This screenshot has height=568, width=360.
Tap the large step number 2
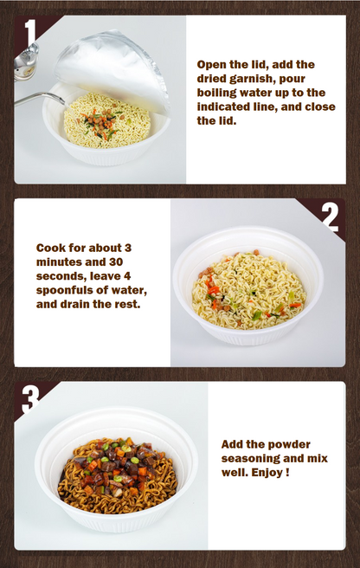coord(330,217)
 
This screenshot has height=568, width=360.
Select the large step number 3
coord(30,399)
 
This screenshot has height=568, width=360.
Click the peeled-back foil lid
coord(112,68)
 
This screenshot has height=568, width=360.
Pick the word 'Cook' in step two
coord(50,248)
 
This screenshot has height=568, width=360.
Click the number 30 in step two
coord(116,261)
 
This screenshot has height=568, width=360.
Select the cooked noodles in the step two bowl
coord(249,290)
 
